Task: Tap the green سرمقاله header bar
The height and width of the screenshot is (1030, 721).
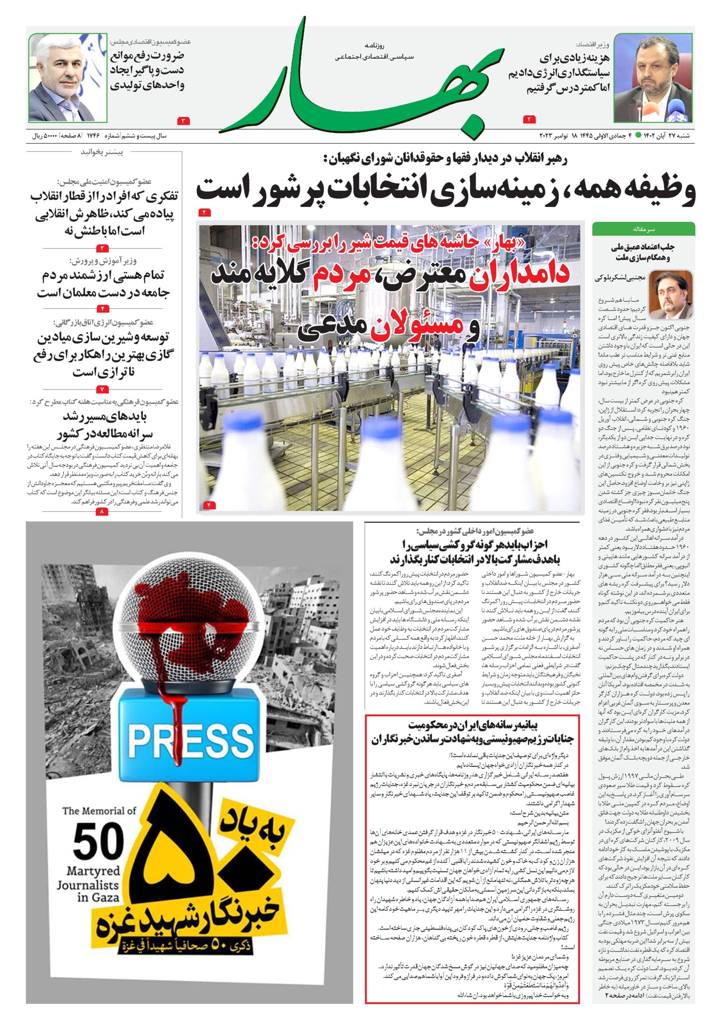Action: [643, 229]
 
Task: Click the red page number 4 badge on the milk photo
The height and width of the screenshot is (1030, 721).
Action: [210, 505]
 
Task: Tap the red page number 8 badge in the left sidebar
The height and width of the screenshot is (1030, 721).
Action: [102, 511]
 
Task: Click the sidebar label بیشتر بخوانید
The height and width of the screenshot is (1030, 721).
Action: [108, 152]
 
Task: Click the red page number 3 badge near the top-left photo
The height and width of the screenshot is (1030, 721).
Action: [184, 120]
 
